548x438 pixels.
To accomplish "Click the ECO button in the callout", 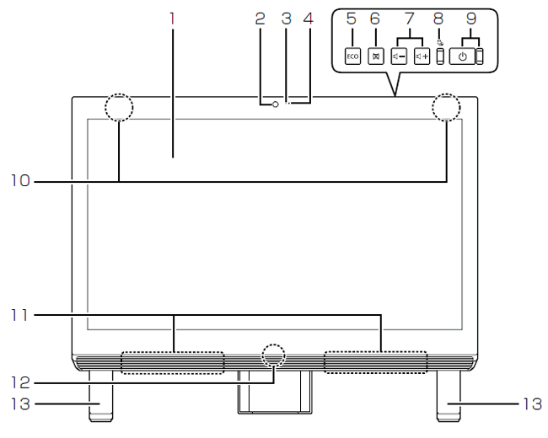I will (x=353, y=56).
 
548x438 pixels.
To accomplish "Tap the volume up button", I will (x=422, y=56).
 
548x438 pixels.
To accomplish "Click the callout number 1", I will (x=172, y=15).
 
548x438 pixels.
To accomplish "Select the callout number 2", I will (x=260, y=15).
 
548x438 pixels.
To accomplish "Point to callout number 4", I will (x=309, y=15).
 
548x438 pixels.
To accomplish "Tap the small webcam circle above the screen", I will (x=275, y=104).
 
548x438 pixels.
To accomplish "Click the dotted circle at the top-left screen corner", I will (x=119, y=108).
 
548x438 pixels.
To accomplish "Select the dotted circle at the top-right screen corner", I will (x=447, y=108).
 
